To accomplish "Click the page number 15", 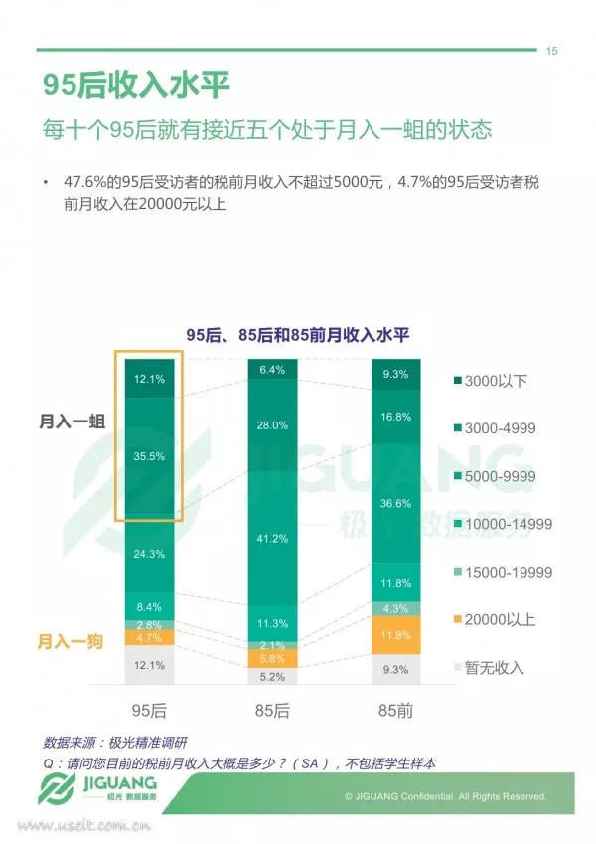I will [x=552, y=52].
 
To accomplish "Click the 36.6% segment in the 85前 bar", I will [x=395, y=504].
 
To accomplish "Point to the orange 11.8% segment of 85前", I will [x=395, y=635].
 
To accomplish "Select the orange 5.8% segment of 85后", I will [x=272, y=658].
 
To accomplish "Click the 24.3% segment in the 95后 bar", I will [x=150, y=554].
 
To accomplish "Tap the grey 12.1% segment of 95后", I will [x=150, y=665].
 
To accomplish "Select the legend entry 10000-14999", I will [x=507, y=524].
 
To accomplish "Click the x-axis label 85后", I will [x=272, y=709].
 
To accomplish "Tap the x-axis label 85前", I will [x=395, y=709].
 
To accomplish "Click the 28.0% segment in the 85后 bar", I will [x=272, y=425].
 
